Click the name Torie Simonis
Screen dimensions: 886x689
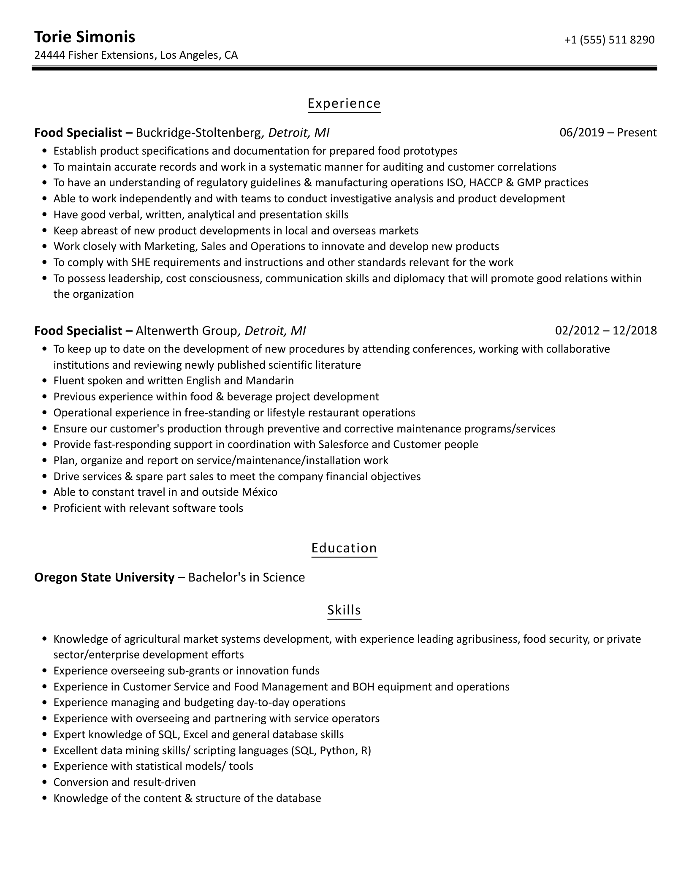coord(84,37)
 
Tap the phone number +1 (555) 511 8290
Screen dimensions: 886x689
coord(609,40)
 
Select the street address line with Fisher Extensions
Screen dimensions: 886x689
coord(136,55)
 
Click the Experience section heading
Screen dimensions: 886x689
coord(344,103)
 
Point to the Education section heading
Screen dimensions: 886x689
coord(344,548)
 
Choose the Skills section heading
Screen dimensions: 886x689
coord(344,610)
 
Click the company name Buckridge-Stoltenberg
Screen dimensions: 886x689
coord(198,133)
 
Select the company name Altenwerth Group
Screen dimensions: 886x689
coord(186,331)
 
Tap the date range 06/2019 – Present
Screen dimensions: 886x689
coord(608,133)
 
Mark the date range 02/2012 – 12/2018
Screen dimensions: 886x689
coord(606,331)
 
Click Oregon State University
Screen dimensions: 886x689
coord(104,577)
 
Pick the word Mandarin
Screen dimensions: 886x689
coord(269,381)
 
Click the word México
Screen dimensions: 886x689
coord(260,492)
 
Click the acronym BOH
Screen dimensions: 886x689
coord(363,687)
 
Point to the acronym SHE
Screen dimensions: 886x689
coord(141,263)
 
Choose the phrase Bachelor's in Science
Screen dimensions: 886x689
coord(246,577)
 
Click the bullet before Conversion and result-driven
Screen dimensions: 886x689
coord(45,783)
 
